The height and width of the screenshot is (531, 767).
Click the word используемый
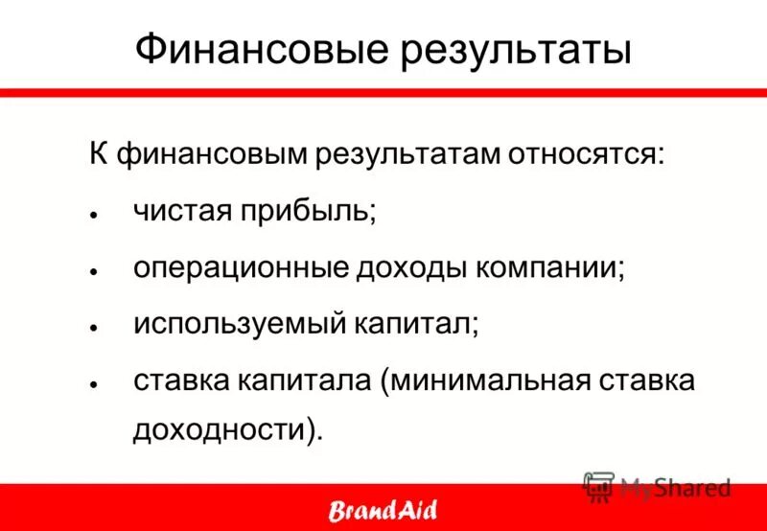click(239, 324)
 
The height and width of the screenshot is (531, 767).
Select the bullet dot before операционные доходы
click(94, 271)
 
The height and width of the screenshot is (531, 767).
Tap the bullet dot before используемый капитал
click(94, 328)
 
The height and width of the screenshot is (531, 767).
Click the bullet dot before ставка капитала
click(94, 384)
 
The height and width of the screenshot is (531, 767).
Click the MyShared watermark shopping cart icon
click(598, 487)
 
